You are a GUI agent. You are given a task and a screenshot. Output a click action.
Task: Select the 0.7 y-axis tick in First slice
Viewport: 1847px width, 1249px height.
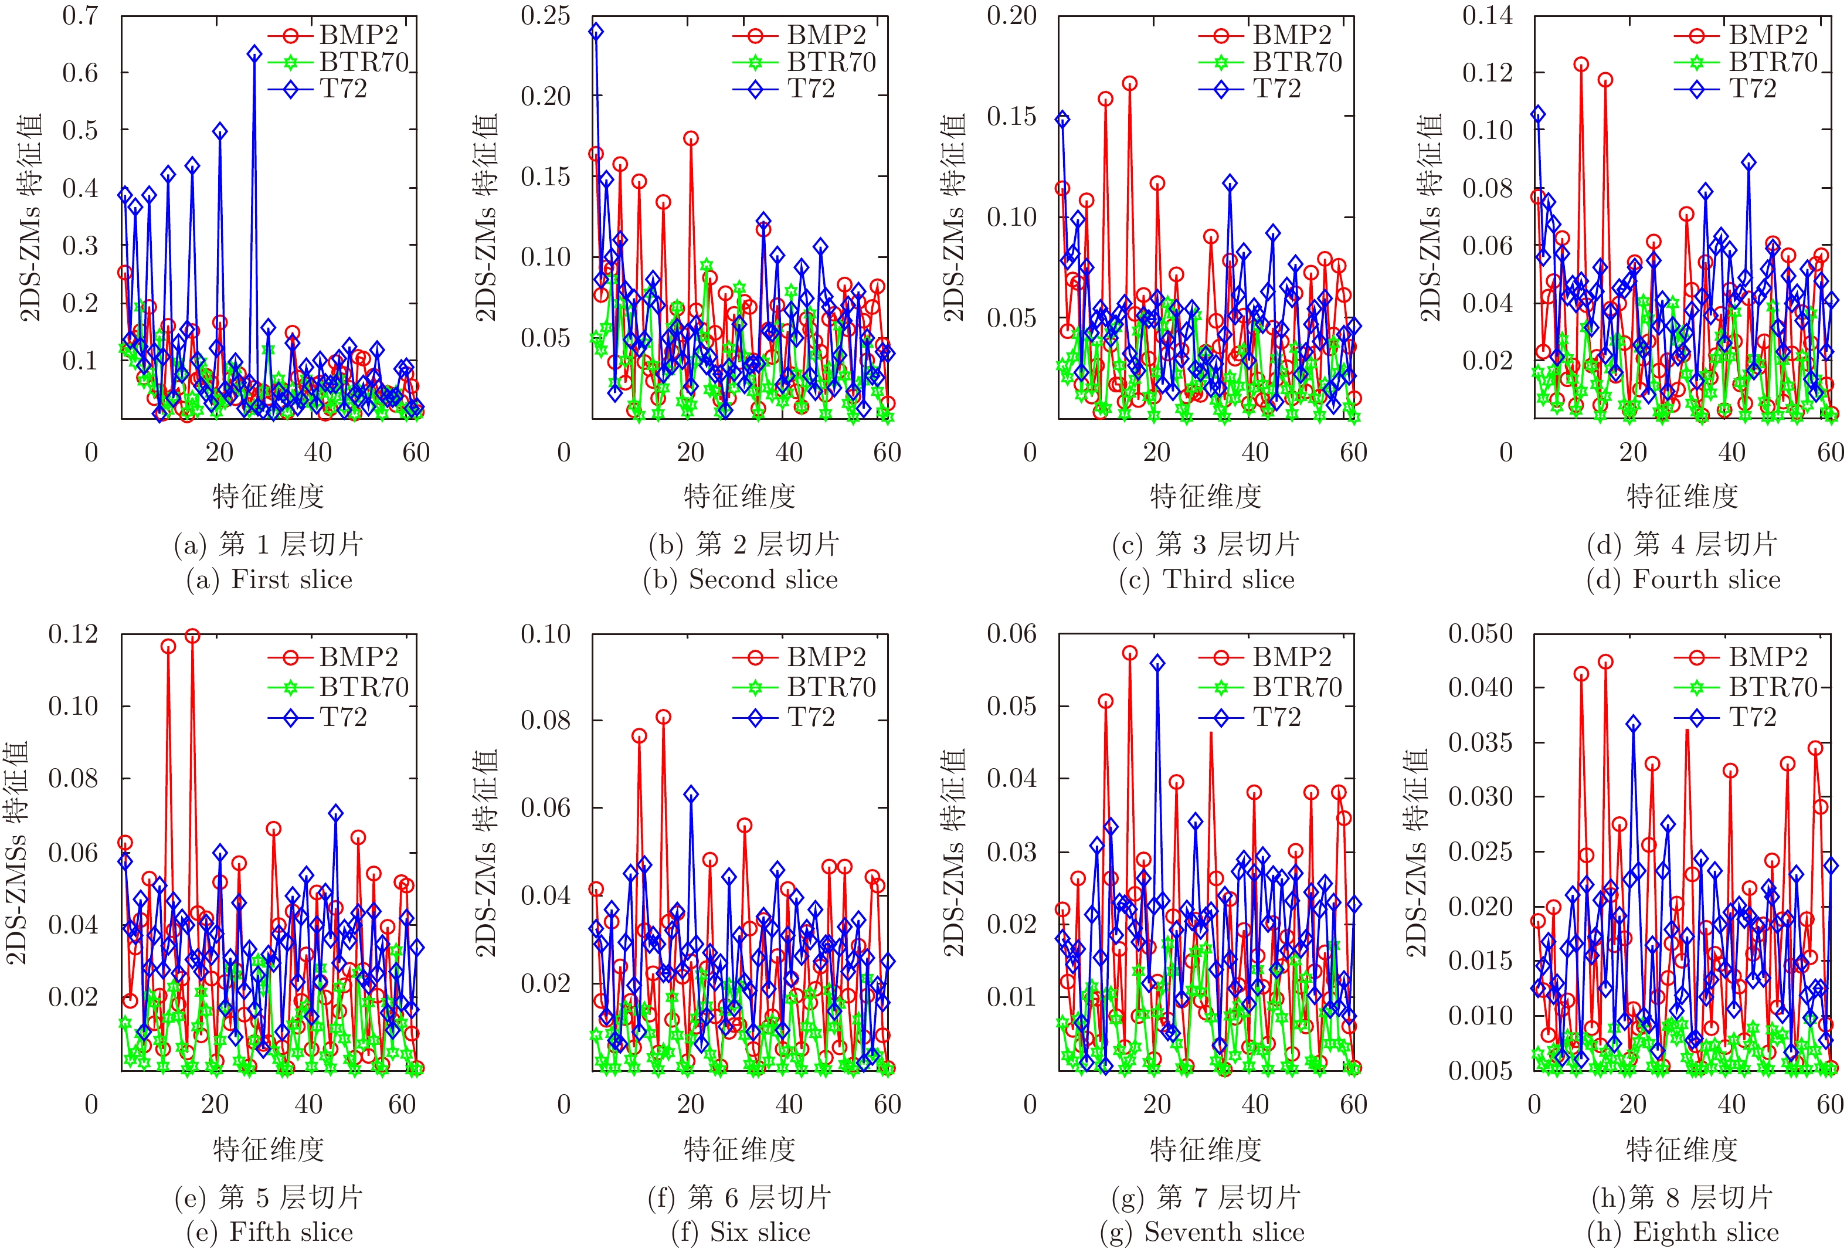pyautogui.click(x=80, y=15)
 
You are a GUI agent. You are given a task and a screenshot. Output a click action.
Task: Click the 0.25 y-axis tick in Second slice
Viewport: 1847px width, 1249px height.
pyautogui.click(x=545, y=15)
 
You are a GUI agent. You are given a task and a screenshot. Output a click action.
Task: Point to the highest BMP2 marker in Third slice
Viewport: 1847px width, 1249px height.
pyautogui.click(x=1129, y=83)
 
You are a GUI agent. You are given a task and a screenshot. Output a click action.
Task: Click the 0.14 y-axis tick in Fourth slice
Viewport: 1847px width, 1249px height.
pyautogui.click(x=1487, y=15)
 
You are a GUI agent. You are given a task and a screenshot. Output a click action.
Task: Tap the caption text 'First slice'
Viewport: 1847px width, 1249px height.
pyautogui.click(x=291, y=579)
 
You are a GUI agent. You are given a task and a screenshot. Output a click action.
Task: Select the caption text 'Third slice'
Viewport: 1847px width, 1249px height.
pyautogui.click(x=1228, y=579)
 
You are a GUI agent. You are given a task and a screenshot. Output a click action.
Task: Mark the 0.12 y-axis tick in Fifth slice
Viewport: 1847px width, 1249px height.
pyautogui.click(x=73, y=634)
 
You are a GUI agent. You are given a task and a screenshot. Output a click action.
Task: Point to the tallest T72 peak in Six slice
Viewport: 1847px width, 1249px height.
pyautogui.click(x=691, y=794)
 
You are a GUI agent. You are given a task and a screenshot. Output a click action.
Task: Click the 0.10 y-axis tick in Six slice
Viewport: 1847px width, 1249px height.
pyautogui.click(x=545, y=634)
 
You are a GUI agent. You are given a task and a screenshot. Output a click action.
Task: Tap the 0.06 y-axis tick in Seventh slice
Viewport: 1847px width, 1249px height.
pyautogui.click(x=1011, y=634)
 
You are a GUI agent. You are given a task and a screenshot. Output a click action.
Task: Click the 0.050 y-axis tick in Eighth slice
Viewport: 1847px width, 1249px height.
pyautogui.click(x=1480, y=634)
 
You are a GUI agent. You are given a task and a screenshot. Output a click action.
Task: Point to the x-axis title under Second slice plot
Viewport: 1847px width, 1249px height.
pyautogui.click(x=739, y=496)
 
